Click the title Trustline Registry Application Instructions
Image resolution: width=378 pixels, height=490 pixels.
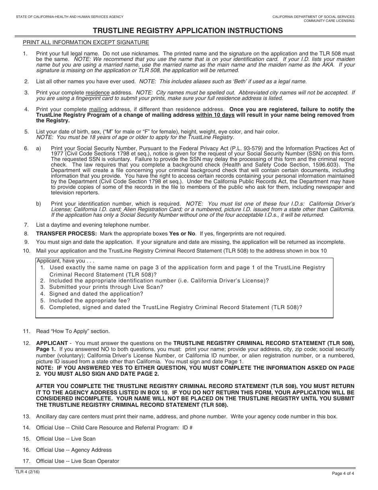188,31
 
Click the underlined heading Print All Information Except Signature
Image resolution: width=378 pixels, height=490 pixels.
86,42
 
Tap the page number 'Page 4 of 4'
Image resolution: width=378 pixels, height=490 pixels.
343,474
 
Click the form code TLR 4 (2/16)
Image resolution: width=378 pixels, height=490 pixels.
27,472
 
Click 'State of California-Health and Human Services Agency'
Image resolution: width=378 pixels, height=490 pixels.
70,17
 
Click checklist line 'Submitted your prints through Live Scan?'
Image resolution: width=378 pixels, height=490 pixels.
106,287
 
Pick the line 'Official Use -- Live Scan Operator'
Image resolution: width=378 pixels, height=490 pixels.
78,461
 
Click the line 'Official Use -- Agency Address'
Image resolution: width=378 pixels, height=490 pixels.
74,450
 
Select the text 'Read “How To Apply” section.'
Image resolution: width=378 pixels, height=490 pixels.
73,331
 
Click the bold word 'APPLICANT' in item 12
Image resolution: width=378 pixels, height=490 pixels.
52,343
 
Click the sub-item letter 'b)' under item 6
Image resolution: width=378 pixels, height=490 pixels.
39,204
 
